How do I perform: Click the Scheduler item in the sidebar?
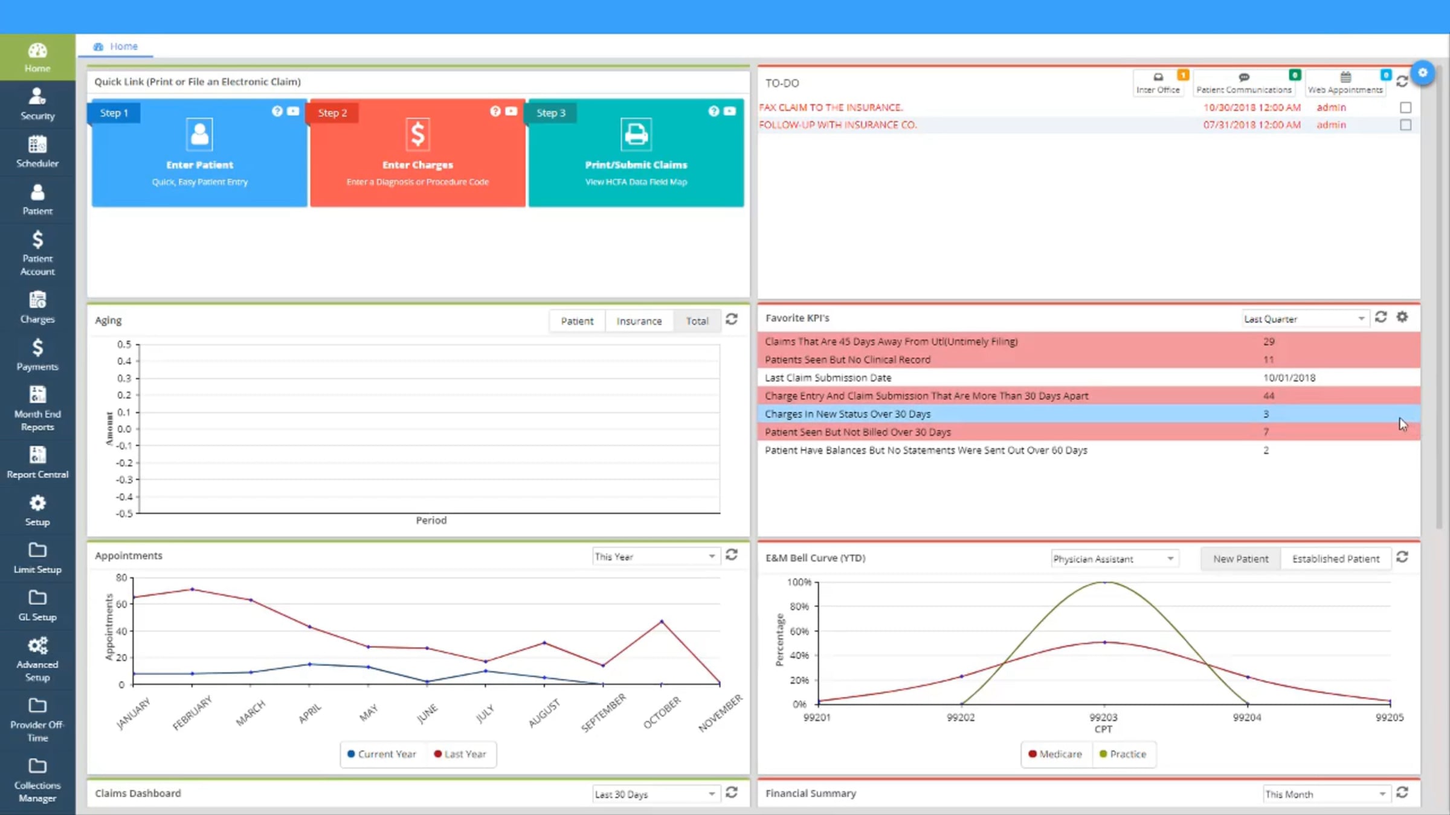37,152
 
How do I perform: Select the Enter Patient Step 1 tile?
199,153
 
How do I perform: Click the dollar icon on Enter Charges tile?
417,134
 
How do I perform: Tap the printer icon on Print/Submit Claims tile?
636,134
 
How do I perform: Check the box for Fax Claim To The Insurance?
1406,107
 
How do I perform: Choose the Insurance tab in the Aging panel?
639,321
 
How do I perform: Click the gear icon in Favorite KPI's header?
1402,317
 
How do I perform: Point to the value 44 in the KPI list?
1269,396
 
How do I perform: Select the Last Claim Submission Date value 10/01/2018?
1289,378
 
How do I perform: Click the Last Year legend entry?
460,754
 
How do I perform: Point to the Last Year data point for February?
192,589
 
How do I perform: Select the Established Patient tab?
1335,559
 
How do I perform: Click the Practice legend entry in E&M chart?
1123,754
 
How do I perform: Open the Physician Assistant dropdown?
1113,559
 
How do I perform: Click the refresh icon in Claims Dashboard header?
732,793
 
